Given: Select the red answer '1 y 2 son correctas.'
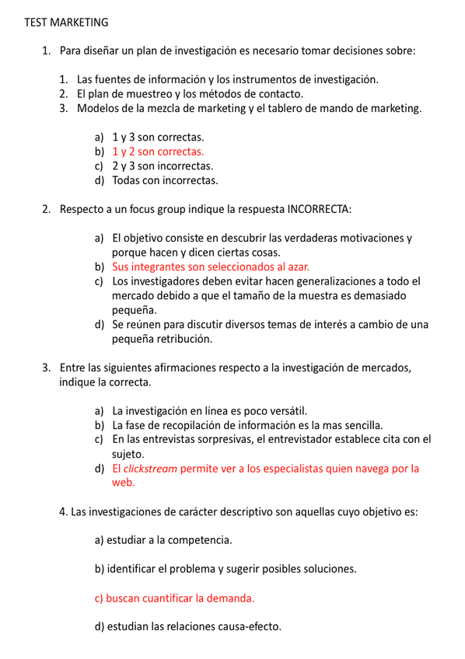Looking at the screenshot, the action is (x=158, y=152).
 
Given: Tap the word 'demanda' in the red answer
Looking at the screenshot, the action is (x=231, y=598).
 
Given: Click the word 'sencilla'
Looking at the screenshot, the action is (x=358, y=425).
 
